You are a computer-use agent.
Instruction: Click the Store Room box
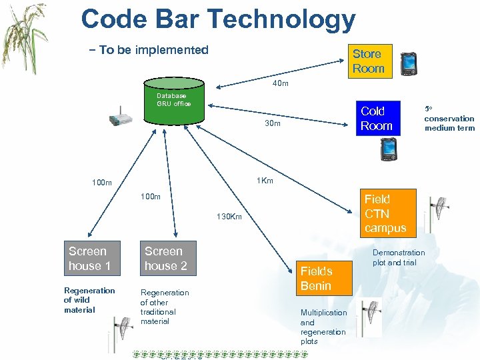coord(368,61)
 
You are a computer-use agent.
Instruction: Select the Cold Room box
coord(377,119)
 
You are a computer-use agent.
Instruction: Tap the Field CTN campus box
coord(386,213)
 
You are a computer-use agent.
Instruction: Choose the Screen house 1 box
coord(92,258)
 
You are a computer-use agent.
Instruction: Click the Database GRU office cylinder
coord(174,100)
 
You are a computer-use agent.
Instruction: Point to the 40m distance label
coord(281,84)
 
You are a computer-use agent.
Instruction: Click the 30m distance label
coord(272,123)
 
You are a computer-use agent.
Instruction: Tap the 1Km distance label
coord(265,181)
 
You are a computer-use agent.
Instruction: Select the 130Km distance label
coord(229,217)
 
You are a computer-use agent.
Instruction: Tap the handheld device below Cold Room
coord(388,149)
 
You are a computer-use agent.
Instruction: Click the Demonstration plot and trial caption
coord(399,257)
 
